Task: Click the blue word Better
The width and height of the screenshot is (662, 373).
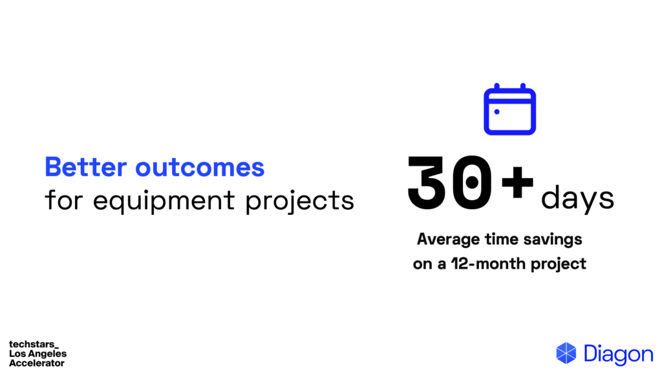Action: pyautogui.click(x=86, y=166)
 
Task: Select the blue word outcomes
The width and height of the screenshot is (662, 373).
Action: pyautogui.click(x=200, y=168)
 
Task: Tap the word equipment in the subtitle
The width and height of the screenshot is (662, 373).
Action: pyautogui.click(x=164, y=201)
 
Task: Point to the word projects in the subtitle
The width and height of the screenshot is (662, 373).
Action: pyautogui.click(x=300, y=201)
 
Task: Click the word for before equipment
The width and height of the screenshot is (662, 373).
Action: pyautogui.click(x=63, y=199)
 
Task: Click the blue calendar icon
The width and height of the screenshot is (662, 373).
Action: pyautogui.click(x=509, y=109)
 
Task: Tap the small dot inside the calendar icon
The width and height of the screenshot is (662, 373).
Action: pyautogui.click(x=497, y=111)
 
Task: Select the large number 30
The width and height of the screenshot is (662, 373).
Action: pyautogui.click(x=450, y=182)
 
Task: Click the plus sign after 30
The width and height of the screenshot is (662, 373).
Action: pyautogui.click(x=517, y=182)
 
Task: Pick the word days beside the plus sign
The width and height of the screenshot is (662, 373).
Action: pyautogui.click(x=577, y=198)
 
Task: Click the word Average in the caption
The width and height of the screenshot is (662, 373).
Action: pyautogui.click(x=449, y=240)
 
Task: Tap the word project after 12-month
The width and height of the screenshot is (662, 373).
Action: pyautogui.click(x=558, y=264)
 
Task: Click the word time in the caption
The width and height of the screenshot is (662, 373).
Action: pyautogui.click(x=502, y=239)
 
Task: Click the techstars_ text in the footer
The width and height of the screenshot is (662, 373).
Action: pyautogui.click(x=34, y=345)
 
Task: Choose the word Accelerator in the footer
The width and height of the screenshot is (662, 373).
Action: pyautogui.click(x=37, y=363)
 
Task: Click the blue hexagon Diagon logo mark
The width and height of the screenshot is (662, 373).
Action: pyautogui.click(x=566, y=353)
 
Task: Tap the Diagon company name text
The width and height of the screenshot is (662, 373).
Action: pyautogui.click(x=619, y=354)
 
